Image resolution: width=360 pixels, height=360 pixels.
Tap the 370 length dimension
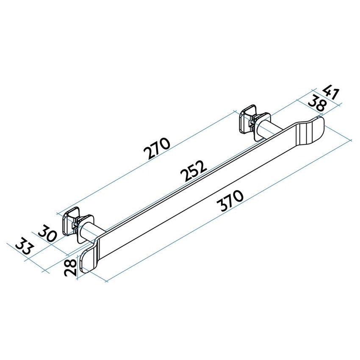229,202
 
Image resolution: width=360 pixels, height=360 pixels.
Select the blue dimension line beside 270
127,174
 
